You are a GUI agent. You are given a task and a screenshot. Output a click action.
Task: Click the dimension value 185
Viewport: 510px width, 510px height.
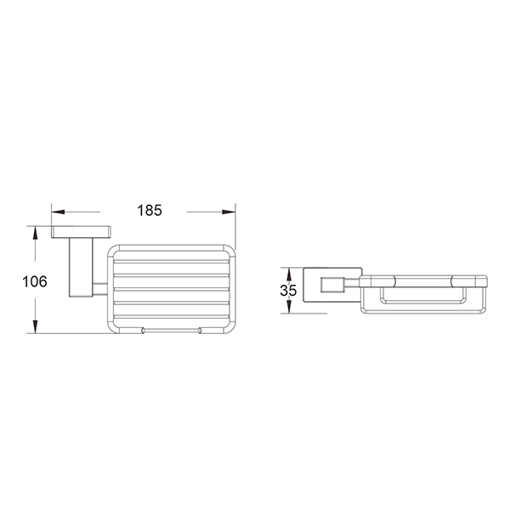click(x=150, y=211)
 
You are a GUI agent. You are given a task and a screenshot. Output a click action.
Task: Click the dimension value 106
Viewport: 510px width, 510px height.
click(x=35, y=281)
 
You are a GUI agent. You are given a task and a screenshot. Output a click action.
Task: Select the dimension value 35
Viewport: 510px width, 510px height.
click(x=288, y=291)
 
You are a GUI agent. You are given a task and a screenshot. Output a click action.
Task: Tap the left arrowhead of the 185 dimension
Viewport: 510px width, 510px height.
click(x=58, y=212)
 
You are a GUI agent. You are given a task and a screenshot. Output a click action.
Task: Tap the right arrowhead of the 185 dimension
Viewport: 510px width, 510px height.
click(x=229, y=212)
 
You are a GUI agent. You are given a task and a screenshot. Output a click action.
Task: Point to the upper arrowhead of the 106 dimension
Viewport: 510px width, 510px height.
click(x=35, y=233)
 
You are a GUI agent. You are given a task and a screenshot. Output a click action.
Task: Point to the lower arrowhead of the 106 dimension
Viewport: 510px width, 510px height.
click(x=35, y=326)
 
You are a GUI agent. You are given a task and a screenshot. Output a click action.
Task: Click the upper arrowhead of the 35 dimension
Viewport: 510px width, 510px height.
click(x=289, y=273)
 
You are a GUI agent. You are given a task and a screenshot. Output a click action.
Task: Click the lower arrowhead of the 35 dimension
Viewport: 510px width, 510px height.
click(x=289, y=308)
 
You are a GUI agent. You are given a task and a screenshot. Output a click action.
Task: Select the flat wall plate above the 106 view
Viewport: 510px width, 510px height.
click(x=81, y=232)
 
